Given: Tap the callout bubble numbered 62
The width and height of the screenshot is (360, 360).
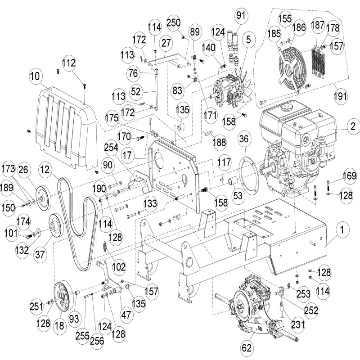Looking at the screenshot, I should [x=246, y=347].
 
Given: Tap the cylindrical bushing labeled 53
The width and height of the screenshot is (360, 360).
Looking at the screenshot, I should [x=234, y=182].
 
